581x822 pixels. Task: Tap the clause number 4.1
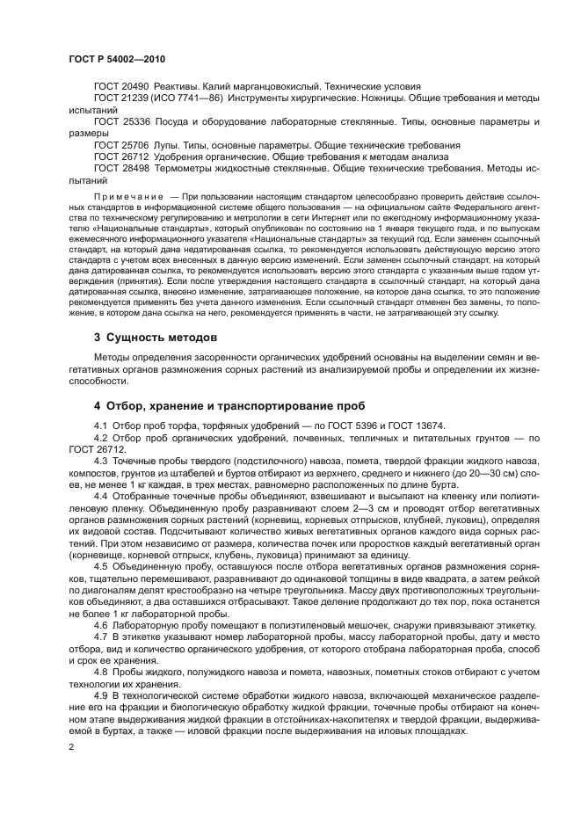click(100, 426)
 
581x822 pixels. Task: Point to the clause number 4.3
click(100, 461)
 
